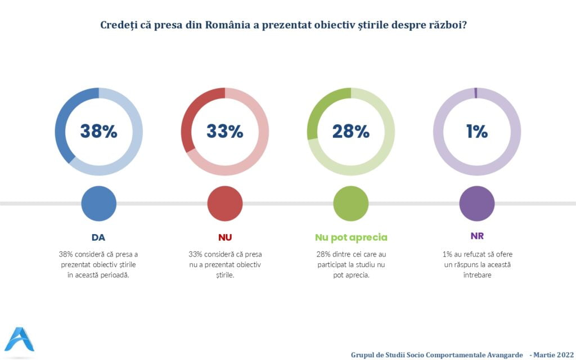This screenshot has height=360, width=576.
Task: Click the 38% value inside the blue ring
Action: [98, 132]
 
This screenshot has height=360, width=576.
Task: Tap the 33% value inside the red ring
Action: [224, 132]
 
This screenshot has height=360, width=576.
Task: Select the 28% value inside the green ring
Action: [350, 132]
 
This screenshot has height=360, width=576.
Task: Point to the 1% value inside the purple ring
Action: [476, 132]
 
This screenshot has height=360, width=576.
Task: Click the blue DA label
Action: [98, 237]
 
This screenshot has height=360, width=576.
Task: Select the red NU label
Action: [225, 237]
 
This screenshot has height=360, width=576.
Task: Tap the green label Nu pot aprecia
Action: [351, 237]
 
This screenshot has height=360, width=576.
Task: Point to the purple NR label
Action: [477, 236]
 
